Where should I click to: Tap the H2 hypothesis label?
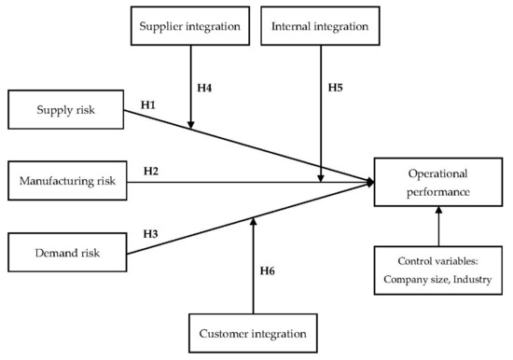coord(152,171)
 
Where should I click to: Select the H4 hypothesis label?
coord(205,87)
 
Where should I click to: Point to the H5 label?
coord(337,87)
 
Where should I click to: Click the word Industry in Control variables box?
coord(471,280)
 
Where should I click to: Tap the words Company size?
coord(417,280)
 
